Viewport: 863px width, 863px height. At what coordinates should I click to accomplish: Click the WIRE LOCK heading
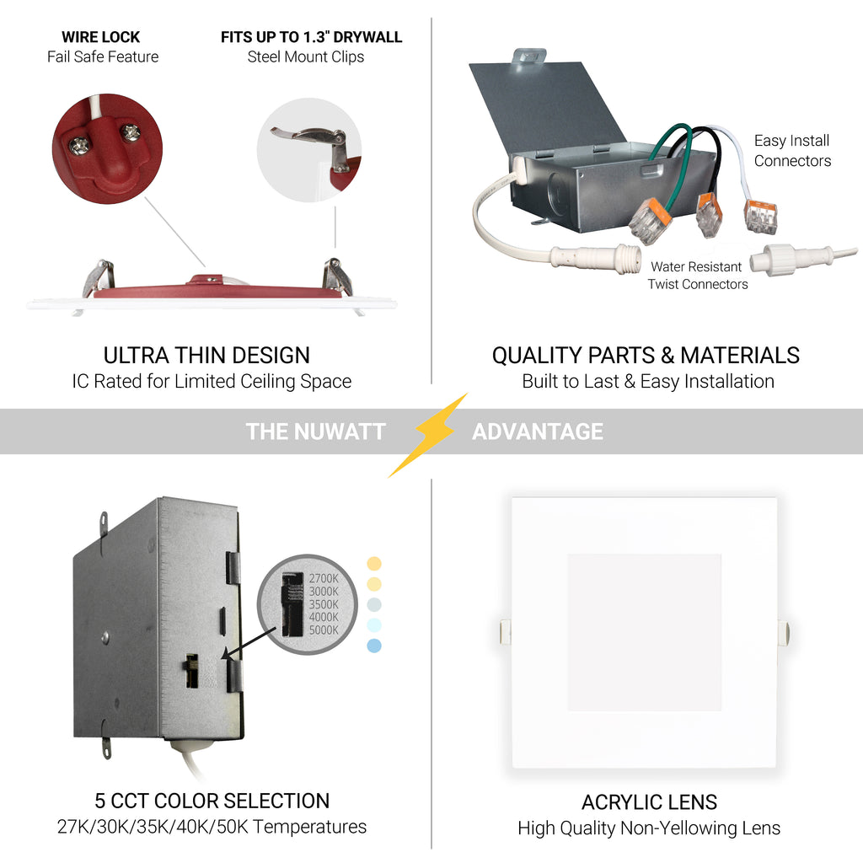101,37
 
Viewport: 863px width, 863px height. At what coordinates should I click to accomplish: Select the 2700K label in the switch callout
324,578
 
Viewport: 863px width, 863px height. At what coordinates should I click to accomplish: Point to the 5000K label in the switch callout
324,630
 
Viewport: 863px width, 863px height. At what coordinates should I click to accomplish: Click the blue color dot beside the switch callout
374,646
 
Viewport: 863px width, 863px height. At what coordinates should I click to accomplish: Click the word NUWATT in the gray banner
340,431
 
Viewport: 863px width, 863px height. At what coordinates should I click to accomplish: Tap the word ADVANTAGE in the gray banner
538,431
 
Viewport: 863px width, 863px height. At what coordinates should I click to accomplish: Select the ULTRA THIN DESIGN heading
207,356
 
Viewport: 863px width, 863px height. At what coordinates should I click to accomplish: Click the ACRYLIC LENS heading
650,802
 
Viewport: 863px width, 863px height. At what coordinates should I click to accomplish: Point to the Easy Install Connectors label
792,150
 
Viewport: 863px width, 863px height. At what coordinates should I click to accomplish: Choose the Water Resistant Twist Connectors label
698,276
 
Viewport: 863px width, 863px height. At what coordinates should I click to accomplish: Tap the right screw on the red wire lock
131,132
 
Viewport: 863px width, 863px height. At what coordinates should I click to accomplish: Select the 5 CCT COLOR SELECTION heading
212,801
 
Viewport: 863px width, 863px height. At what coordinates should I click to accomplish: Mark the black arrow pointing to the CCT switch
249,643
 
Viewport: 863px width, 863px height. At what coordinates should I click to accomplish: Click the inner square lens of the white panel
645,632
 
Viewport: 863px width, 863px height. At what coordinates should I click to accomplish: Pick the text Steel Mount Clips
305,56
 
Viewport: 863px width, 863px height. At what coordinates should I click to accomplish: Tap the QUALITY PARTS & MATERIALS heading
646,356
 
